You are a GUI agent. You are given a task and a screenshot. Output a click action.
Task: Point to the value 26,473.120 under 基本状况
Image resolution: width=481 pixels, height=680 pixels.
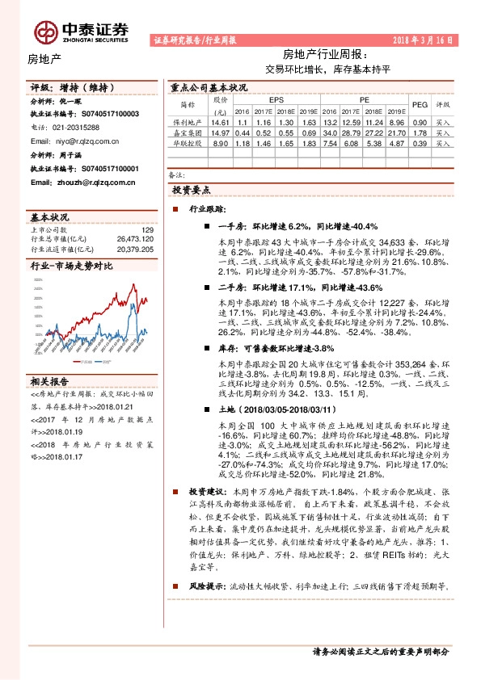[x=136, y=240]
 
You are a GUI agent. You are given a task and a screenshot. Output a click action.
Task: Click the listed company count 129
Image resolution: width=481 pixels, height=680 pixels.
[x=147, y=230]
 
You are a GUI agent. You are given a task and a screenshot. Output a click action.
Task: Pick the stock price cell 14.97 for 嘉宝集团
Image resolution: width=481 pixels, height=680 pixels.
[x=220, y=132]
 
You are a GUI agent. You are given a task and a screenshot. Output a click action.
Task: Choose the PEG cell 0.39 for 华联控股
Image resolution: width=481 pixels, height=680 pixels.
[x=420, y=143]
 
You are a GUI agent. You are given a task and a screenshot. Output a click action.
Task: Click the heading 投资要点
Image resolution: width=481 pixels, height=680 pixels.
[x=192, y=189]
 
